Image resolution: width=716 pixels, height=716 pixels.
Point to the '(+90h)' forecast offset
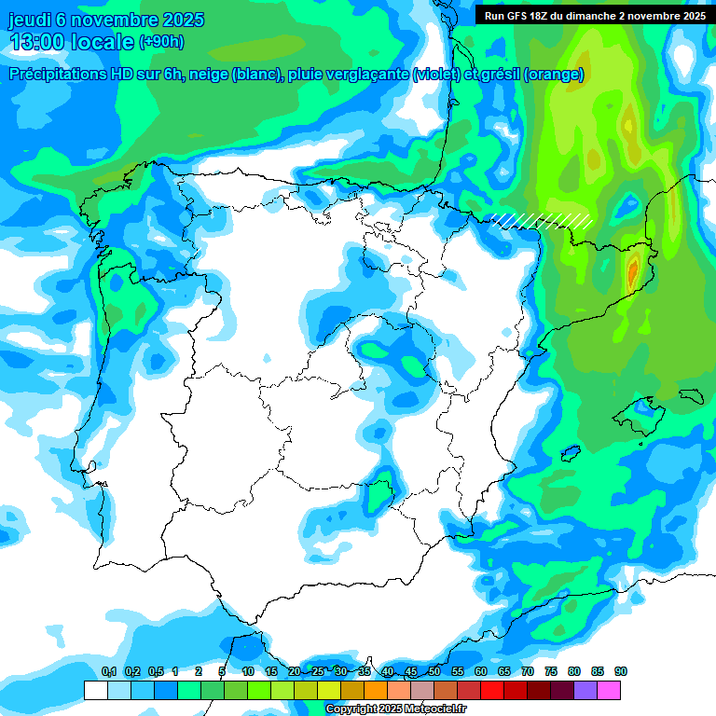click(161, 42)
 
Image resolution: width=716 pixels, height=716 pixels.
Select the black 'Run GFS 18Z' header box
click(592, 15)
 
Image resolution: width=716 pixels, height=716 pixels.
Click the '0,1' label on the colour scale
click(109, 671)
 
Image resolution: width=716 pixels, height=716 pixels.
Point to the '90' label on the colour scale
click(621, 671)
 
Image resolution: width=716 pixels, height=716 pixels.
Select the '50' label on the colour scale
click(434, 671)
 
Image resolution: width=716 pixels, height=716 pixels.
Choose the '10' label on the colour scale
click(248, 671)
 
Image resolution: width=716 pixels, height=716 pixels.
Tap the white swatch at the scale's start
click(95, 690)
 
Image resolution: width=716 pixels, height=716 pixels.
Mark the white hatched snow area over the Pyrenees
click(542, 220)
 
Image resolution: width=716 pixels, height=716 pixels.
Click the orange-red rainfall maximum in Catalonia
click(633, 271)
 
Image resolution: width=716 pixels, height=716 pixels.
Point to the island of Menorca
click(691, 395)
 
